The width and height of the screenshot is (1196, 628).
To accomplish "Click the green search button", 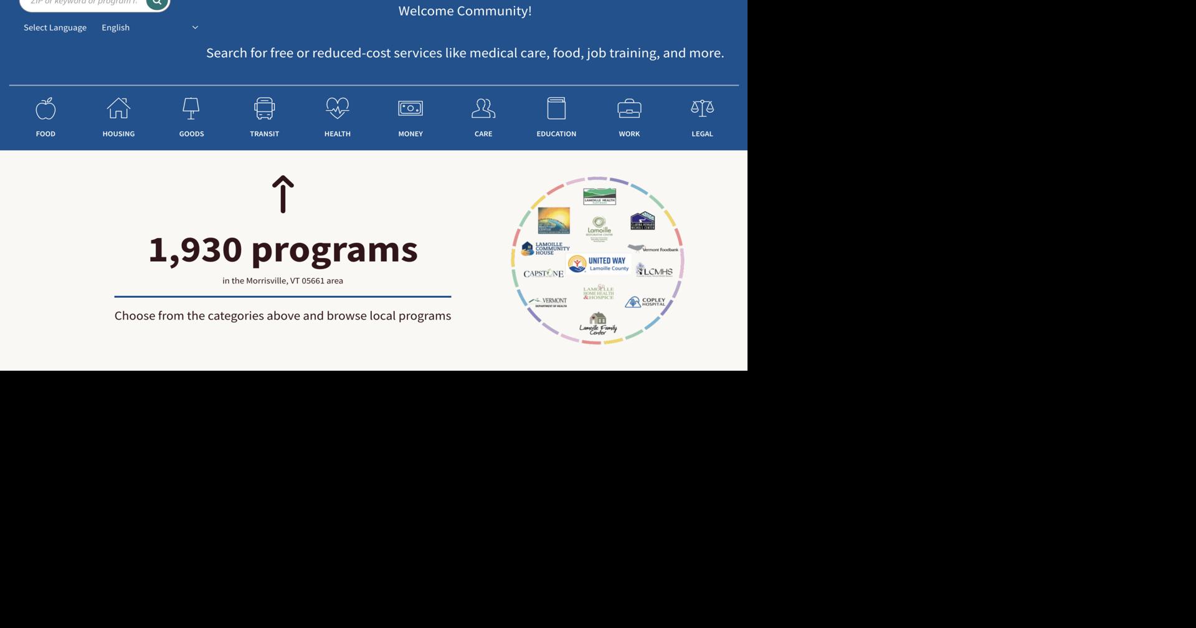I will (x=157, y=3).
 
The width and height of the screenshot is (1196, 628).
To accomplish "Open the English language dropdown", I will (x=149, y=27).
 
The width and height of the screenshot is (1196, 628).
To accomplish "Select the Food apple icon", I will (x=45, y=108).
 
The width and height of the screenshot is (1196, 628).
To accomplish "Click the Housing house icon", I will (x=118, y=108).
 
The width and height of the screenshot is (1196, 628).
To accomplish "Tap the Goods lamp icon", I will (x=191, y=108).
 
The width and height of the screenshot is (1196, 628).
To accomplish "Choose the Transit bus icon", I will (x=264, y=108).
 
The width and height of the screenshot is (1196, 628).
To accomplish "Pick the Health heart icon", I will (x=338, y=108).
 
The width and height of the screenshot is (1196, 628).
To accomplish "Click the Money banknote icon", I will (x=411, y=108).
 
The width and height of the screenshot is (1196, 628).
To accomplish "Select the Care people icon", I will (x=483, y=108).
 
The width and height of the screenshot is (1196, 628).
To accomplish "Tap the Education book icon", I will (x=556, y=108).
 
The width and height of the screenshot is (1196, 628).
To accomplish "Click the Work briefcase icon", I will (x=629, y=108).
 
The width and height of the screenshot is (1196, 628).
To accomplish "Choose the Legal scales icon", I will (x=702, y=108).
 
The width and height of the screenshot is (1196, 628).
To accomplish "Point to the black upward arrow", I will (x=283, y=194).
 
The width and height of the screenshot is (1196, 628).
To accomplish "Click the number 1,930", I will (x=195, y=249).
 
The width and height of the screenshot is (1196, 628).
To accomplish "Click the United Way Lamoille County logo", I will (x=599, y=264).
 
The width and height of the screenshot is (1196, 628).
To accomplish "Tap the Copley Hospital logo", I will (x=645, y=302).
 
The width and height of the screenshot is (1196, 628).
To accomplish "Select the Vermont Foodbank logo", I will (x=653, y=249).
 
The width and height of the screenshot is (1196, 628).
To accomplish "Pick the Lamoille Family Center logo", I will (x=598, y=324).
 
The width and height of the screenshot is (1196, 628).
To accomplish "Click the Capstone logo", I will (x=543, y=274).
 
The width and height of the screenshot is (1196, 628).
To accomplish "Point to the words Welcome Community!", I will (x=465, y=11).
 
